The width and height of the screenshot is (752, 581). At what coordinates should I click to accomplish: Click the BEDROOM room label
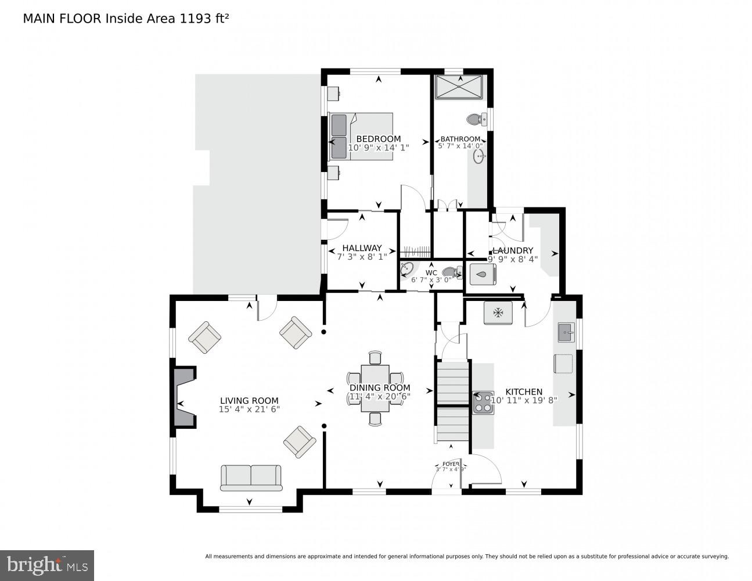pos(378,139)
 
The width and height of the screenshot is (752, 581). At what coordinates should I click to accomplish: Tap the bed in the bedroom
pos(361,137)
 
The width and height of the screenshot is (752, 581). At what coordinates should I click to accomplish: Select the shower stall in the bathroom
pos(459,87)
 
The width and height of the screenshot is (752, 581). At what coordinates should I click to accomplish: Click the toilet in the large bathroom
pos(476,119)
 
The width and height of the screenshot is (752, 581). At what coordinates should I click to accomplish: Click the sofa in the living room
pos(251,477)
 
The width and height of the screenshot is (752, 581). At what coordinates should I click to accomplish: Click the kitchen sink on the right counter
pos(566,333)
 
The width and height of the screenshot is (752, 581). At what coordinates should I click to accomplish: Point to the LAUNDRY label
pos(512,250)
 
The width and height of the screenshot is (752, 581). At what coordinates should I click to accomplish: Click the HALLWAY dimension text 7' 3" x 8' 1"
pos(358,256)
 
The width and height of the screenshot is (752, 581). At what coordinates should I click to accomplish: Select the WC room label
pos(431,272)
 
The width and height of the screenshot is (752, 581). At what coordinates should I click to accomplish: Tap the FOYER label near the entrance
pos(451,464)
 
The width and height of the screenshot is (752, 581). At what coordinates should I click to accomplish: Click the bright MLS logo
pos(47,565)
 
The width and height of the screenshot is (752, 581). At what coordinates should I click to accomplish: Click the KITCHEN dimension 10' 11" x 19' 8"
pos(524,400)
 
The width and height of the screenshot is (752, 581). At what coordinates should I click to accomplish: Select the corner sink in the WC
pos(407,269)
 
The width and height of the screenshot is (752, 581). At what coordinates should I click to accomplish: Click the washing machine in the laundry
pos(482,275)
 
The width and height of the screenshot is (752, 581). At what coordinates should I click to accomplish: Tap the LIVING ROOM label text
pos(249,400)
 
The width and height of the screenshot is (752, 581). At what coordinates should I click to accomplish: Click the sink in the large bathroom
pos(479,156)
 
